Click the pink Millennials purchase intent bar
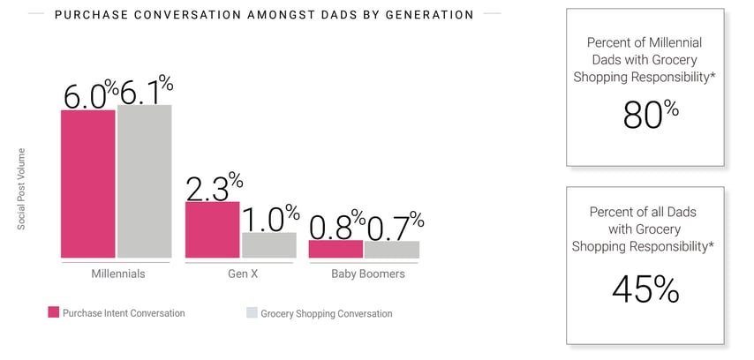[x=88, y=184]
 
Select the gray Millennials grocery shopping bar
[x=144, y=181]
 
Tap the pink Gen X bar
[x=212, y=229]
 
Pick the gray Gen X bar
[x=268, y=244]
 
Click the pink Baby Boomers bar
[x=336, y=249]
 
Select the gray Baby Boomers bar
[x=392, y=249]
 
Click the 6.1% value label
[x=146, y=90]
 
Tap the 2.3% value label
[x=215, y=187]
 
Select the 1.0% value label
[x=271, y=218]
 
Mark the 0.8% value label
[x=337, y=225]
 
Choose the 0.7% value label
[x=395, y=226]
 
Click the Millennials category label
[x=117, y=274]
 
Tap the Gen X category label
[x=242, y=274]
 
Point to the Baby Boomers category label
[x=367, y=274]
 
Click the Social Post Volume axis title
[x=21, y=189]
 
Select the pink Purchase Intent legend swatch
[x=54, y=312]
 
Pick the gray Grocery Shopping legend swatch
[x=251, y=312]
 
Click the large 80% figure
[x=651, y=115]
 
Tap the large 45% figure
[x=645, y=289]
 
